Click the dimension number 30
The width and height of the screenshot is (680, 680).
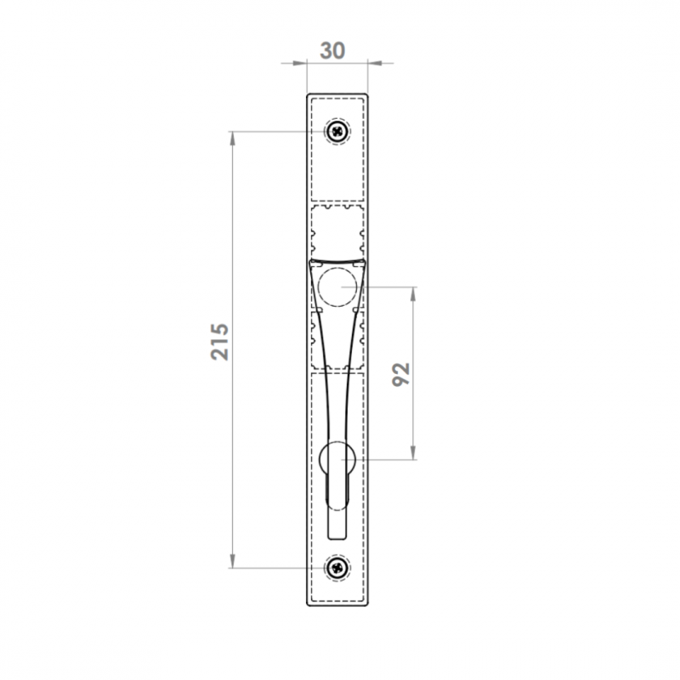pyautogui.click(x=332, y=51)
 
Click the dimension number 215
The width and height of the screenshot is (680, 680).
pyautogui.click(x=220, y=342)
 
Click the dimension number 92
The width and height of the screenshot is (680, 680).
pyautogui.click(x=400, y=374)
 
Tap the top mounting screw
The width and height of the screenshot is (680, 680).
pyautogui.click(x=337, y=131)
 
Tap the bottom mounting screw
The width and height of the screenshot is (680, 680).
pyautogui.click(x=337, y=567)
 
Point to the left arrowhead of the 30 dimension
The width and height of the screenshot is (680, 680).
pyautogui.click(x=300, y=63)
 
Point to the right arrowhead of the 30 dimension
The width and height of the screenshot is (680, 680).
pyautogui.click(x=375, y=63)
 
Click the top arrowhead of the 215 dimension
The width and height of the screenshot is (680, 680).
pyautogui.click(x=232, y=139)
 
